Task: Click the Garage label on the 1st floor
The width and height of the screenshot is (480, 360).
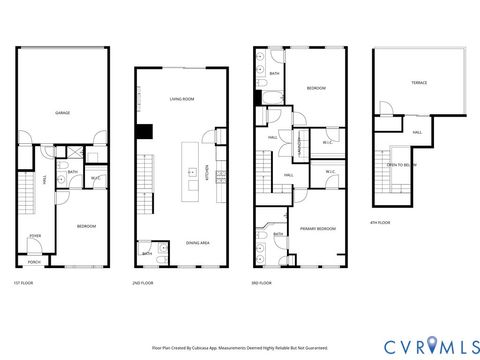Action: tap(62, 112)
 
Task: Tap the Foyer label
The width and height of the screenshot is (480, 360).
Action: tap(34, 235)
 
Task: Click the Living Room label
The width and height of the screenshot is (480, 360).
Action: tap(180, 100)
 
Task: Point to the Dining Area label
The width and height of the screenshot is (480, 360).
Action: tap(197, 242)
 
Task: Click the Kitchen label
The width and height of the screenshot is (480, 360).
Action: tap(208, 171)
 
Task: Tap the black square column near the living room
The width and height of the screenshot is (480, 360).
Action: tap(144, 131)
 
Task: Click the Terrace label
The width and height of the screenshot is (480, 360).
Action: tap(418, 83)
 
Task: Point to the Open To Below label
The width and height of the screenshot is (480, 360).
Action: tap(402, 164)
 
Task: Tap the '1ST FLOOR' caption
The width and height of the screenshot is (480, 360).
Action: tap(23, 282)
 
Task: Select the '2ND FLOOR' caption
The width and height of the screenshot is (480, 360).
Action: tap(144, 283)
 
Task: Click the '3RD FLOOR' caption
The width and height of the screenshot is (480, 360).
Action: tap(262, 283)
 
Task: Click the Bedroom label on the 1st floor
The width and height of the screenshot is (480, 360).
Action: tap(86, 226)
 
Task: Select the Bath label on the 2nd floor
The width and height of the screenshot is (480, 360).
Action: tap(147, 253)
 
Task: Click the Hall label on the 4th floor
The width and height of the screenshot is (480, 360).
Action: tap(415, 131)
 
